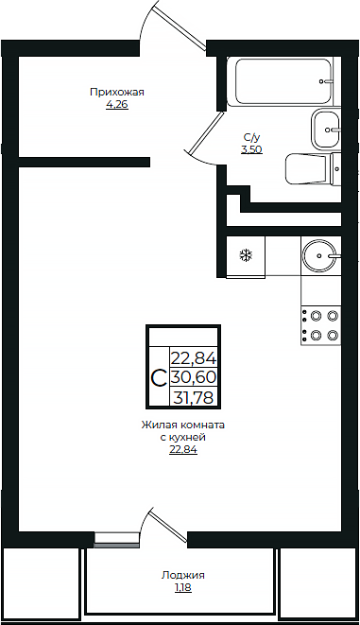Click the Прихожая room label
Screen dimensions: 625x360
(116, 92)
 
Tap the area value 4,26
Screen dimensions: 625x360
(116, 104)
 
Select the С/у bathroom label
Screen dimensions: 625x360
(251, 137)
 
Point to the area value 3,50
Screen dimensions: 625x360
(251, 149)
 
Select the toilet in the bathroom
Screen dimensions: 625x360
(313, 169)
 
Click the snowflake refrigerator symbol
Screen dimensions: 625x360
(246, 255)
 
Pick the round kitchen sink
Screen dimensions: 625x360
(321, 255)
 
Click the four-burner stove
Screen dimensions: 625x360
(321, 325)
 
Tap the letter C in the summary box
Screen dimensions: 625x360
(159, 378)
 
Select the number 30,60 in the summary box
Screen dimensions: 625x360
(194, 377)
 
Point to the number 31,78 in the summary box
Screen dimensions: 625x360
(194, 397)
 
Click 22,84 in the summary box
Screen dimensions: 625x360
(194, 357)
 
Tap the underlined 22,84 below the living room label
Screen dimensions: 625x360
(182, 450)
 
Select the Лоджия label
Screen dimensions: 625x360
(182, 574)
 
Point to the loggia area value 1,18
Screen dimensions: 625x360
(182, 587)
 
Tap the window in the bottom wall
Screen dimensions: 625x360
(116, 543)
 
